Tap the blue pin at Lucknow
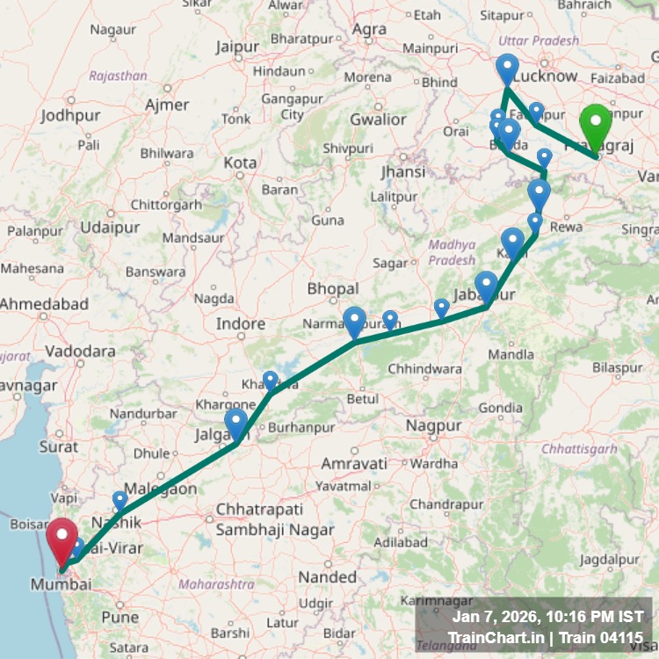point(507,69)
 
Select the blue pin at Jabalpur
point(486,286)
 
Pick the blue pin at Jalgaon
point(235,424)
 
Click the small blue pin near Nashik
point(119,500)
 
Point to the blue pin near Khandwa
point(270,380)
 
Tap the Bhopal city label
point(333,289)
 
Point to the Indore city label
point(241,324)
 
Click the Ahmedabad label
point(44,304)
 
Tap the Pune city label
point(119,617)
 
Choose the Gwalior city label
point(378,119)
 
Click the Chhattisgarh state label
point(579,449)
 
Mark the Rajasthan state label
point(118,76)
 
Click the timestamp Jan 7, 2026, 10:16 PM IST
point(547,618)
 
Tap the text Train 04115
point(605,637)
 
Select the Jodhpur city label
point(70,115)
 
